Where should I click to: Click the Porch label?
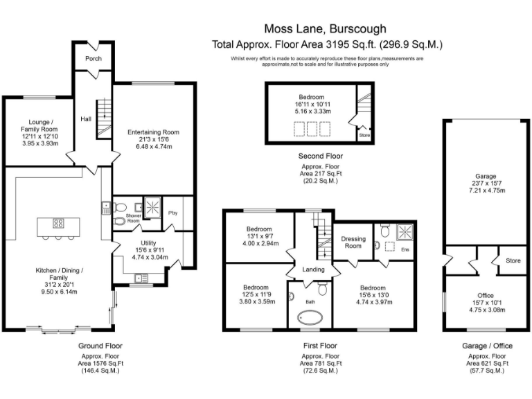[x=93, y=59]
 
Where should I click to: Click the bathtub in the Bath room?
[x=311, y=319]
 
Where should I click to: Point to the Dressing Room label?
[x=353, y=242]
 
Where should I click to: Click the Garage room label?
[x=475, y=177]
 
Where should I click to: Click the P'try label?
[x=172, y=213]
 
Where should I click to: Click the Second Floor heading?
[x=320, y=156]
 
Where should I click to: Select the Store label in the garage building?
[x=512, y=261]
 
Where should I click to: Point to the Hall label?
[x=86, y=118]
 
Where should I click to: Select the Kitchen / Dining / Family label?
[x=53, y=274]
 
